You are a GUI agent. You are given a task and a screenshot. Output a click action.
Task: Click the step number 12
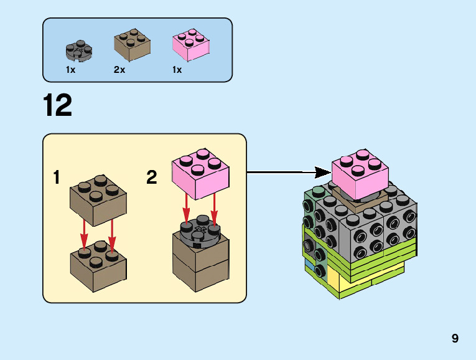pyautogui.click(x=58, y=105)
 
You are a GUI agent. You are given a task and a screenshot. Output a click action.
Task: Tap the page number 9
pyautogui.click(x=455, y=339)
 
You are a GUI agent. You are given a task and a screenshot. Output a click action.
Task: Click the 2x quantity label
pyautogui.click(x=119, y=70)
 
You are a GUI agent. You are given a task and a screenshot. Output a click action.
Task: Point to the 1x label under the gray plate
pyautogui.click(x=70, y=70)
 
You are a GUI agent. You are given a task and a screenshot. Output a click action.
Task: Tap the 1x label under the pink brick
pyautogui.click(x=177, y=70)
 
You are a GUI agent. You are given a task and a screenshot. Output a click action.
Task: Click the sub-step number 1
pyautogui.click(x=57, y=178)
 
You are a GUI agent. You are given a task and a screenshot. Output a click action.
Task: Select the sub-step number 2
pyautogui.click(x=152, y=178)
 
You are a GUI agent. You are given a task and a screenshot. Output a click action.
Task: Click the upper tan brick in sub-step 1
pyautogui.click(x=98, y=200)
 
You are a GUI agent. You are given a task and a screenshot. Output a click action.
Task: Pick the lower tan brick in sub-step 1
pyautogui.click(x=98, y=268)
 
